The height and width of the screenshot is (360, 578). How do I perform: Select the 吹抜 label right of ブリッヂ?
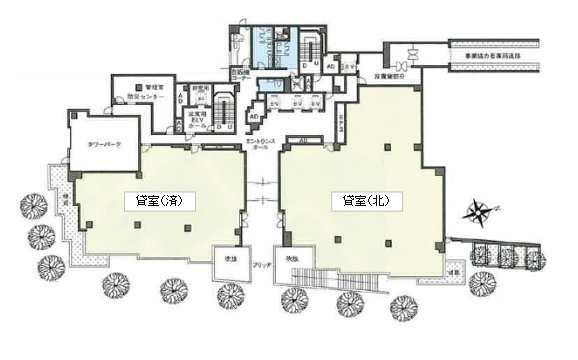294,259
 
